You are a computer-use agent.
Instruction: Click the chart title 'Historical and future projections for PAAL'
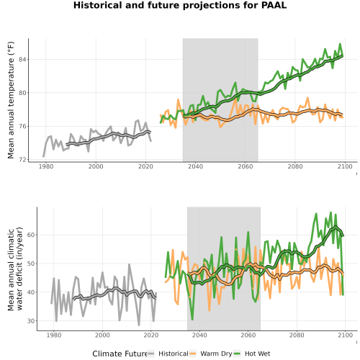(180, 5)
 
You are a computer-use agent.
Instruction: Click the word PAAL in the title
(274, 5)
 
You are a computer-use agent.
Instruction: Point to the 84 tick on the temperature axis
(22, 59)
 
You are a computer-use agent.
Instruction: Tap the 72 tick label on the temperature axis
(22, 160)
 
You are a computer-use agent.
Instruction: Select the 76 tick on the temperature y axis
(22, 126)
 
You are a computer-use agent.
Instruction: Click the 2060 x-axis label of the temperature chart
(246, 166)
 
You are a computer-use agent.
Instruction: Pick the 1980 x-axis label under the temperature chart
(46, 166)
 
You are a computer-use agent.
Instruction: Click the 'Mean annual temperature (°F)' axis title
(11, 100)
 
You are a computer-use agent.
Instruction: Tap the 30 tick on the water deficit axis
(31, 321)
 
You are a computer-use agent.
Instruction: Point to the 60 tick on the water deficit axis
(31, 235)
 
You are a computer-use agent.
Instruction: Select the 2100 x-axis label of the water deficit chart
(345, 335)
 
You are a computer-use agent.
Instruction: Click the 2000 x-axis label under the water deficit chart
(102, 335)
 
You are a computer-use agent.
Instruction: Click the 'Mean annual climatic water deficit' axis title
(15, 269)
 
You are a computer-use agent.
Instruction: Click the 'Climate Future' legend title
(120, 354)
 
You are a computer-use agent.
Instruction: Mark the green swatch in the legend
(237, 354)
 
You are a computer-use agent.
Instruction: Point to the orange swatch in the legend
(193, 354)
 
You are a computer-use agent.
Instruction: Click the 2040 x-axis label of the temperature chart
(195, 166)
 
